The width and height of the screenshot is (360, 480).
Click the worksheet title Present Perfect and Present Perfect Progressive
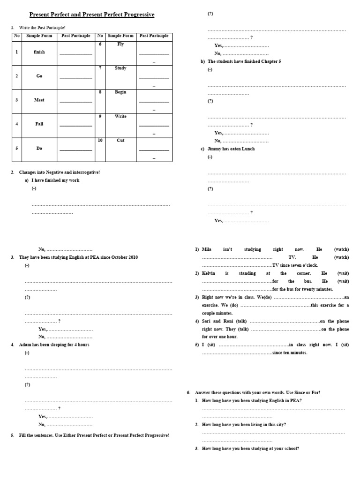(x=92, y=15)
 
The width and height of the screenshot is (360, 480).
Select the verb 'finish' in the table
(x=39, y=52)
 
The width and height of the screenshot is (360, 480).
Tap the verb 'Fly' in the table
(x=120, y=44)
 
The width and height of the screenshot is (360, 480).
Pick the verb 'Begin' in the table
(x=120, y=92)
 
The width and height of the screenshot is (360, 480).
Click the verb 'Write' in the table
(x=120, y=116)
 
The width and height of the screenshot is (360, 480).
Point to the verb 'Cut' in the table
(x=120, y=141)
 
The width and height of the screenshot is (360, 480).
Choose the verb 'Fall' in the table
(x=39, y=124)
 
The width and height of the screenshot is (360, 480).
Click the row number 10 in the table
(x=100, y=141)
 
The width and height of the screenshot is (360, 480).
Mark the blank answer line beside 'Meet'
(x=75, y=101)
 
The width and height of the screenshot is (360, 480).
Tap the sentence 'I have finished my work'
(x=55, y=180)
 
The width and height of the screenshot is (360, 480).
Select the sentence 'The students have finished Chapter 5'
(x=244, y=61)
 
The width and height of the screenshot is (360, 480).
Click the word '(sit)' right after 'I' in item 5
(x=211, y=345)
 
